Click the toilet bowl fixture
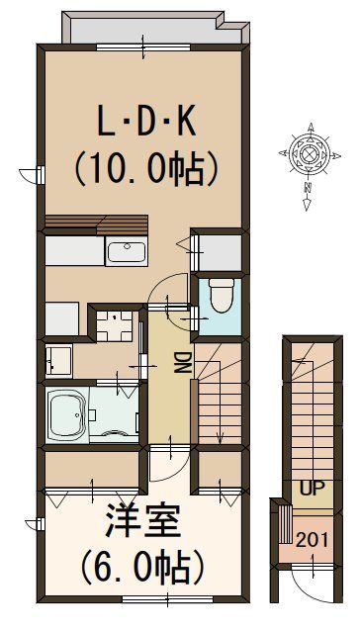pyautogui.click(x=220, y=296)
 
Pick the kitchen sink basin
pyautogui.click(x=127, y=251)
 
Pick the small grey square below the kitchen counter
pyautogui.click(x=61, y=318)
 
